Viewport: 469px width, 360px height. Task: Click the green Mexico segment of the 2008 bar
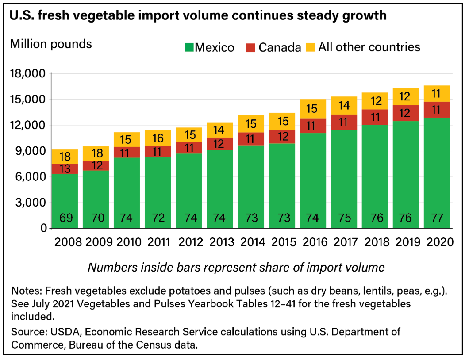click(65, 195)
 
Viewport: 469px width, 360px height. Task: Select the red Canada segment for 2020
click(437, 110)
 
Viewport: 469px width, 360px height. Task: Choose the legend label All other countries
click(369, 47)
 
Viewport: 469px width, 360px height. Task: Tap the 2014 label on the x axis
click(251, 242)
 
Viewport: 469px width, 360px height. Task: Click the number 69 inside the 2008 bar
click(65, 218)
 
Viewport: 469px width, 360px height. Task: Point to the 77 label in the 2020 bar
click(437, 218)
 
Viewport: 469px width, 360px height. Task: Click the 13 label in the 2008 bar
click(65, 169)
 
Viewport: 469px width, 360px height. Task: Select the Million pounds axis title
click(51, 44)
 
